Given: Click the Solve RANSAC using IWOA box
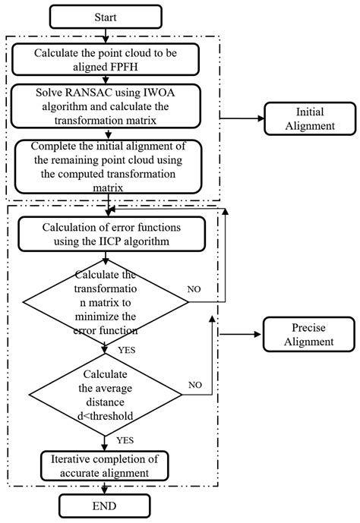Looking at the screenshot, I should pos(107,104).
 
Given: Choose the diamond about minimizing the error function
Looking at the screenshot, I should pos(107,302).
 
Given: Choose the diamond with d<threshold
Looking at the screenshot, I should pos(107,395).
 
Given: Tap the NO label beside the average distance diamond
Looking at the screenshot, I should pos(195,385).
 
